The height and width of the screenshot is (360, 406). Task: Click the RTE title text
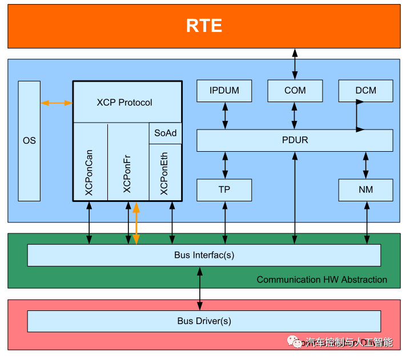204,26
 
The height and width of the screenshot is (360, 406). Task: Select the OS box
29,141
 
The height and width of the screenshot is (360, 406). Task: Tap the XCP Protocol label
124,103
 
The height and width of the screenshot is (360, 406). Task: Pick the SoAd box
166,133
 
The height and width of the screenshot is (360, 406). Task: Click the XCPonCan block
90,161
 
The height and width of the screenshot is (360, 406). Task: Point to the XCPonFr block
128,161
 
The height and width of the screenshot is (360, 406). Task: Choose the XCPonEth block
166,172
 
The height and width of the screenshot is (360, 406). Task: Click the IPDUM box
224,91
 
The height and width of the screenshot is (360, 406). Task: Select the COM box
295,91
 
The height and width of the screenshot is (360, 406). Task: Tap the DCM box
366,91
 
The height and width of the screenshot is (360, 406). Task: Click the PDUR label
295,140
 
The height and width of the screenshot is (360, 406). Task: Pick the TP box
224,190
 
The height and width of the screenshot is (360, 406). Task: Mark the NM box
366,190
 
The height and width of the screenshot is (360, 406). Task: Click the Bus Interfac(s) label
204,255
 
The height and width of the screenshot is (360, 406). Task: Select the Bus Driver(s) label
204,321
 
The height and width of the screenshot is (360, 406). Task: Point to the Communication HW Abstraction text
322,280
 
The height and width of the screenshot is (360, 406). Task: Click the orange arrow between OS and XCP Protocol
57,103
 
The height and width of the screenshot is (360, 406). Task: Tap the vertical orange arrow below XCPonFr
136,223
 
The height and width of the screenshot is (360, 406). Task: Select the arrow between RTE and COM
295,64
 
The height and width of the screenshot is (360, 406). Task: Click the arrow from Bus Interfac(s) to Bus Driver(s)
200,289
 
